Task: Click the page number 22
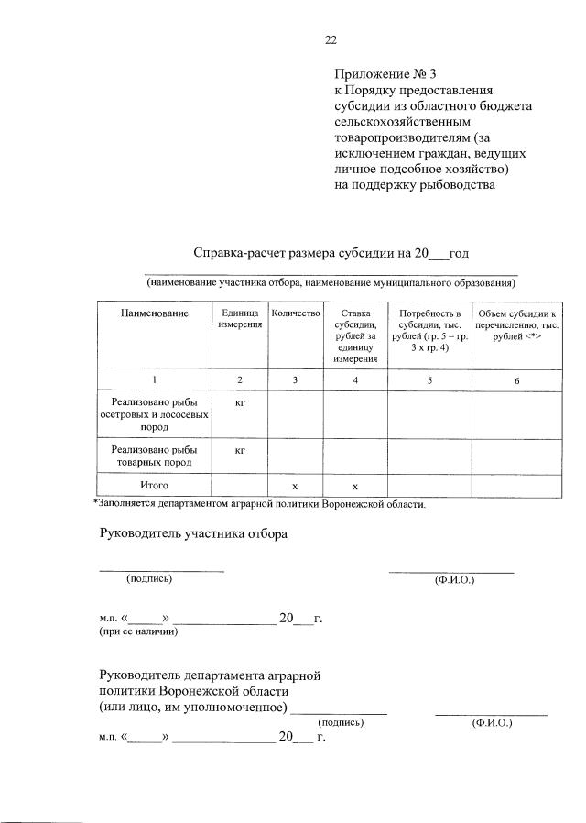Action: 331,39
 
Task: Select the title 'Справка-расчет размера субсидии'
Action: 303,253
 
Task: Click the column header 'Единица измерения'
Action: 239,320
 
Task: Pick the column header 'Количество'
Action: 295,314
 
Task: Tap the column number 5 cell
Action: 429,379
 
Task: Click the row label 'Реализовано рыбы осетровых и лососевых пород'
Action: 154,413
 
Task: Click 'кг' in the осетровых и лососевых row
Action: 239,401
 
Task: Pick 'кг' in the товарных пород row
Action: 239,450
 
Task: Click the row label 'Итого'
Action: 154,483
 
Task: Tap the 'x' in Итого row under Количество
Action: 295,484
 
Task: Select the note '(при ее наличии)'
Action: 138,631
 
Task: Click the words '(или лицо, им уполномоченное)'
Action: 193,708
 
